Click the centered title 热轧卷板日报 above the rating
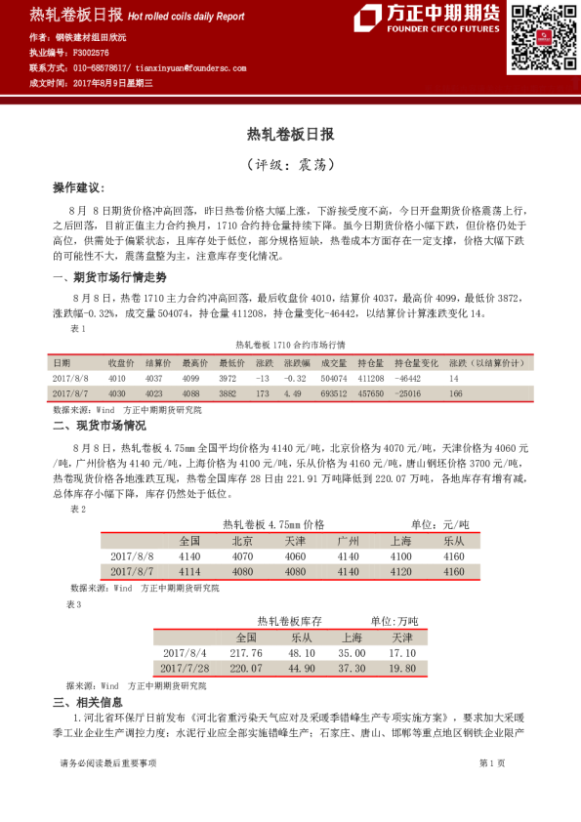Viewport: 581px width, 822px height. [290, 134]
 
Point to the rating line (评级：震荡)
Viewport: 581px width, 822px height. [290, 163]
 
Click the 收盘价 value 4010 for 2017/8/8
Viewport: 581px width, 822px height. [117, 377]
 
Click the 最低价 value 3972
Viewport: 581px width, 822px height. [228, 377]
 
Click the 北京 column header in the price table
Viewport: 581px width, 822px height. [242, 540]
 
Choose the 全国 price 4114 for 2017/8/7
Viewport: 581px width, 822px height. [189, 570]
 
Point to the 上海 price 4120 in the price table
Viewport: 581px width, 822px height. [400, 570]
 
